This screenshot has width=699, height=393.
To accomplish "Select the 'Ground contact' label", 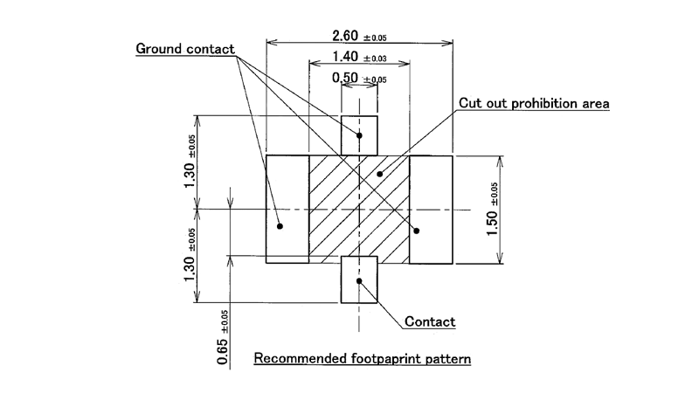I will [184, 49].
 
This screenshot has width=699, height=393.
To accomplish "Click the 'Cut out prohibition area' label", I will [534, 103].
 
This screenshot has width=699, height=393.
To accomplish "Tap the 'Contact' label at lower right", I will [429, 322].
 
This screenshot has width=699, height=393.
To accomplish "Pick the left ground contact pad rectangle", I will [287, 210].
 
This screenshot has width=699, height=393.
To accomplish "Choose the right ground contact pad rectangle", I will [432, 210].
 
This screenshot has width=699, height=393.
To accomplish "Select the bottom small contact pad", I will [359, 279].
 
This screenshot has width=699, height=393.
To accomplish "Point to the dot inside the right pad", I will [417, 231].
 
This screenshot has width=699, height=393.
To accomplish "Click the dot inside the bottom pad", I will [359, 280].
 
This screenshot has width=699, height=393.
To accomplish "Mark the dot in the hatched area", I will [379, 174].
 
